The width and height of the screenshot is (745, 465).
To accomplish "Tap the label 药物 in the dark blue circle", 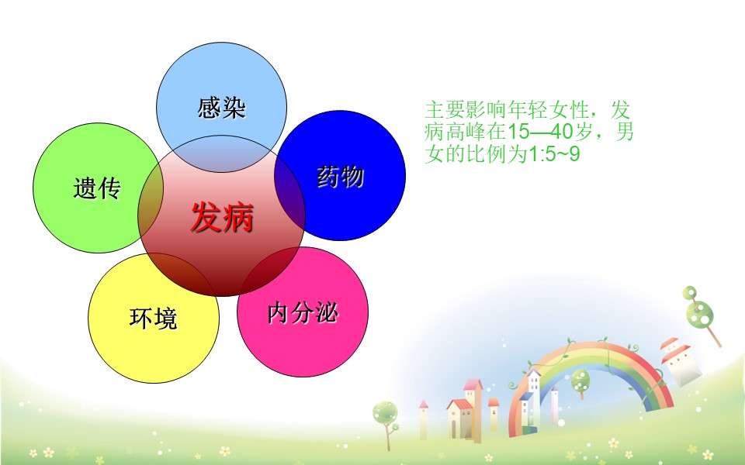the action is [340, 177].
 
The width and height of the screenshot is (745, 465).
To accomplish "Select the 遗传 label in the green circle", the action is [98, 188].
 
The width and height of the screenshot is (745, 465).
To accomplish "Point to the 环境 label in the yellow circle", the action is [153, 318].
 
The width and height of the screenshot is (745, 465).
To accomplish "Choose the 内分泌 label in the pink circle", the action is [303, 313].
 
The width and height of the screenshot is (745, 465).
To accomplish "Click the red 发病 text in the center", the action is [222, 217].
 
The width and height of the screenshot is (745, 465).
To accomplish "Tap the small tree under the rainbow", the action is [580, 382].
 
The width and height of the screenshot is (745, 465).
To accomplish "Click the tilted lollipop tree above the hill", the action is [701, 313].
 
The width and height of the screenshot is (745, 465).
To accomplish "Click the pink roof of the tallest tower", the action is [473, 384].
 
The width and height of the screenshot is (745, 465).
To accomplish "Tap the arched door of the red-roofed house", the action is [454, 429].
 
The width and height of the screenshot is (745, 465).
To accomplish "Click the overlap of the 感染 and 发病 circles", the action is [221, 154].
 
